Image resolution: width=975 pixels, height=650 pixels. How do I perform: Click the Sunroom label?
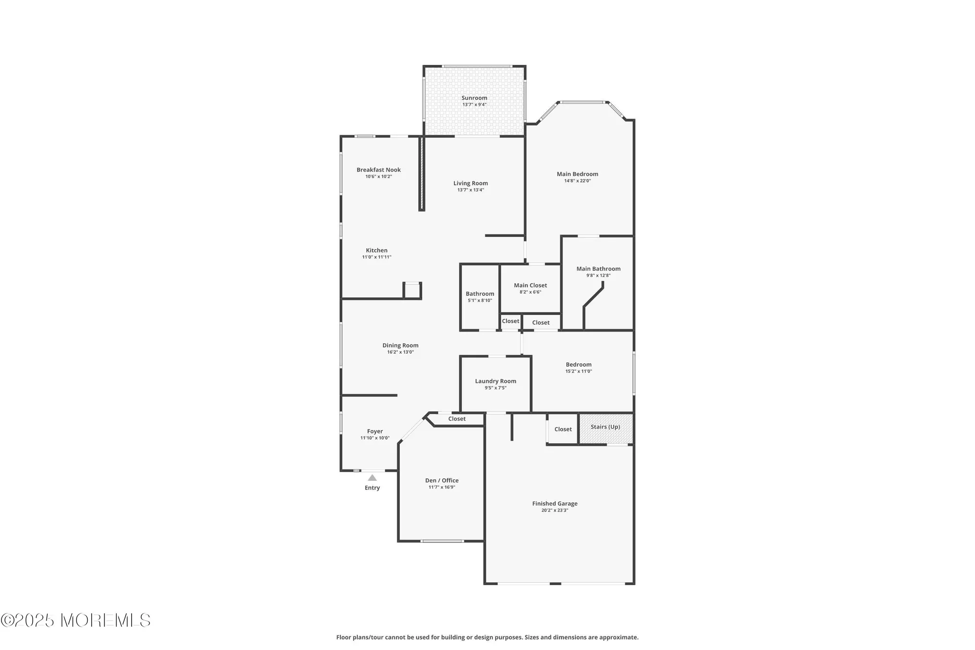pyautogui.click(x=474, y=98)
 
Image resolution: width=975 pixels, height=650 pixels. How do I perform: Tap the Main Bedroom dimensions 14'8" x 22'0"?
pyautogui.click(x=577, y=181)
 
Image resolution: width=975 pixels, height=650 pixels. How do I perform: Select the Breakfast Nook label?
pyautogui.click(x=378, y=170)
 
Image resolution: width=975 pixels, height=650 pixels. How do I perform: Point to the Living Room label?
pyautogui.click(x=470, y=183)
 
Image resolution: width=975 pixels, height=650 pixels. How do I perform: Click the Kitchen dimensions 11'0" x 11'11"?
pyautogui.click(x=376, y=257)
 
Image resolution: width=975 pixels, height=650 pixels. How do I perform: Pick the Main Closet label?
pyautogui.click(x=530, y=285)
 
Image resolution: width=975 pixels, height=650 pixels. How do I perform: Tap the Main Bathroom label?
pyautogui.click(x=598, y=269)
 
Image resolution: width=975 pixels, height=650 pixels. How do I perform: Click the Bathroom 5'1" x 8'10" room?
pyautogui.click(x=480, y=296)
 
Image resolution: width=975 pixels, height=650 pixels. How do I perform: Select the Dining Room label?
pyautogui.click(x=400, y=345)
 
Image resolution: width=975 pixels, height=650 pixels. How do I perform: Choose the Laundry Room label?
pyautogui.click(x=495, y=381)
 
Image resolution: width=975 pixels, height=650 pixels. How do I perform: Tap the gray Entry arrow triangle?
pyautogui.click(x=372, y=478)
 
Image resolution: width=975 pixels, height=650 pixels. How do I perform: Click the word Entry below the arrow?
pyautogui.click(x=372, y=488)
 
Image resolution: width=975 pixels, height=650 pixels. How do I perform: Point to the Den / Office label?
pyautogui.click(x=442, y=480)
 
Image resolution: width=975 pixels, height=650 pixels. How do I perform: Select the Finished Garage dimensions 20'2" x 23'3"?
pyautogui.click(x=554, y=511)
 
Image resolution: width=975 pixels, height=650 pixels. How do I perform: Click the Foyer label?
pyautogui.click(x=374, y=431)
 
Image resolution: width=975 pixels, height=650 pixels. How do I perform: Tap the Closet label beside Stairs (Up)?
pyautogui.click(x=563, y=429)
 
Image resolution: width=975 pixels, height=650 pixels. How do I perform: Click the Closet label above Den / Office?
pyautogui.click(x=457, y=419)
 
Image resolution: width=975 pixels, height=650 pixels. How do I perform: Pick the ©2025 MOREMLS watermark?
pyautogui.click(x=76, y=620)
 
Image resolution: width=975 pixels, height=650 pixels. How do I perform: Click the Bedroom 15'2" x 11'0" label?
pyautogui.click(x=578, y=365)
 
